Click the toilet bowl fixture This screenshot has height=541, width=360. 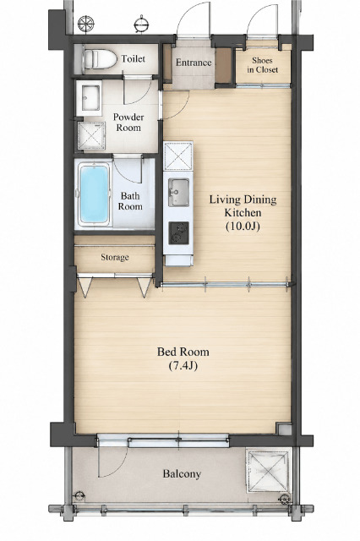100,59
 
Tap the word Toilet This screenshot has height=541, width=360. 134,58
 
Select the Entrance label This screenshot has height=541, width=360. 194,63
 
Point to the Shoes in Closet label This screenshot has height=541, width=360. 263,65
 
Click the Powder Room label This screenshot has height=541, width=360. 128,122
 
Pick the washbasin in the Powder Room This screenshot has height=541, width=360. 89,98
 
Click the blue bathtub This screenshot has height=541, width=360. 94,194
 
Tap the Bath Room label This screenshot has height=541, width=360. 130,201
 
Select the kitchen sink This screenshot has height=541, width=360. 178,192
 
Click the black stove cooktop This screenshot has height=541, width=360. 178,233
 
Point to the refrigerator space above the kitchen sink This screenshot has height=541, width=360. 178,156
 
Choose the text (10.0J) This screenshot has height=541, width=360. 243,227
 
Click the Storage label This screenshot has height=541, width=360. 115,257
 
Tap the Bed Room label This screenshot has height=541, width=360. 183,352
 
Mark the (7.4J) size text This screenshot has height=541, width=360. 183,365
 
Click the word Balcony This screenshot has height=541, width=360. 182,474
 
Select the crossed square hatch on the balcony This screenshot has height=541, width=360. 268,472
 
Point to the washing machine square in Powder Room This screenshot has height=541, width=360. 91,136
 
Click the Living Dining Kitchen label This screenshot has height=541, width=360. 243,206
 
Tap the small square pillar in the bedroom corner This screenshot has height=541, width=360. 284,429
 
